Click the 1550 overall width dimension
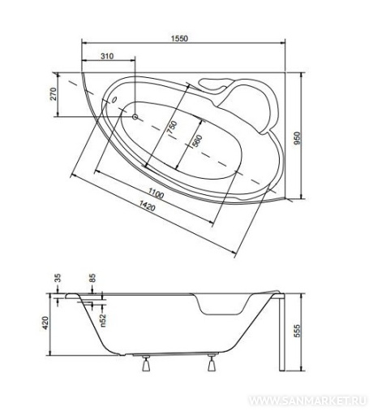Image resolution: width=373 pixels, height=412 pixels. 179,38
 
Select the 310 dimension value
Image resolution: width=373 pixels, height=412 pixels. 107,56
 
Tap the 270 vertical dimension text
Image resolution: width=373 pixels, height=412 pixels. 54,94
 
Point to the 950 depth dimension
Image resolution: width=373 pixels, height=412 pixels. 297,138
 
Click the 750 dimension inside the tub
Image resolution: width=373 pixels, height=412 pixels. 172,127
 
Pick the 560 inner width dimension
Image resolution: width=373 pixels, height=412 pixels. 197,141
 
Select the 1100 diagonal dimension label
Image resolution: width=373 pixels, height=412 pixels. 156,193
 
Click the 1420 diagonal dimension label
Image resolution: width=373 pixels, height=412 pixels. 148,206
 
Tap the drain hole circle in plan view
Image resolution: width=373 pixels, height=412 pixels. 135,117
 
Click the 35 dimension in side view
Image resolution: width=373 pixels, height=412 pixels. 58,279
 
